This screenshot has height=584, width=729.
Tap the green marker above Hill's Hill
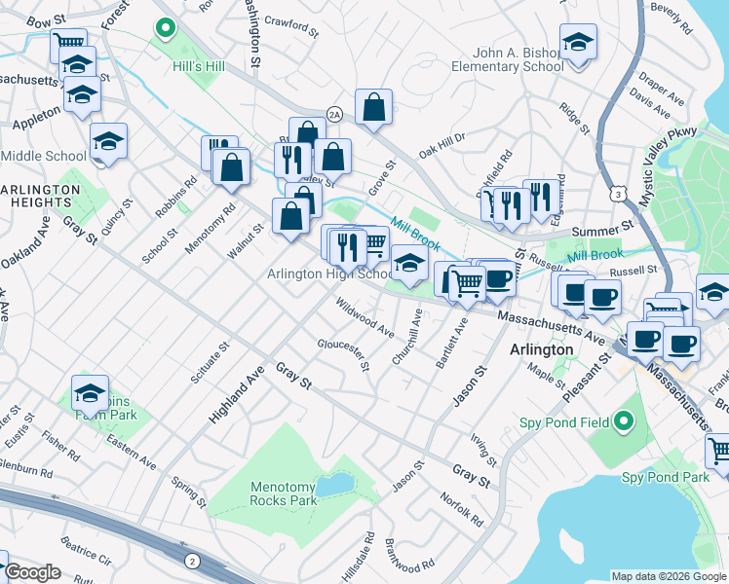[x=165, y=30]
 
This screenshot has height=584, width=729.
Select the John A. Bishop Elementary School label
[x=507, y=59]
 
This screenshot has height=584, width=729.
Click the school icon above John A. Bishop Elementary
[x=578, y=43]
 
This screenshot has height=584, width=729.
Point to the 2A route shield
[x=334, y=114]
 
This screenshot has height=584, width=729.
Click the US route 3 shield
[x=618, y=195]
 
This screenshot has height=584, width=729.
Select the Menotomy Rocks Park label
[x=284, y=493]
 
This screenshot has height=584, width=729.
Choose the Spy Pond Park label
[x=666, y=477]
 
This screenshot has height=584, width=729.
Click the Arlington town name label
[x=541, y=349]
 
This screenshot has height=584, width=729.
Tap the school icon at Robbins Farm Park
[x=91, y=392]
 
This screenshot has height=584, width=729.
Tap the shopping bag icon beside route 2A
[x=373, y=108]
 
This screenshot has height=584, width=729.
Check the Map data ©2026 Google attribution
[x=668, y=576]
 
